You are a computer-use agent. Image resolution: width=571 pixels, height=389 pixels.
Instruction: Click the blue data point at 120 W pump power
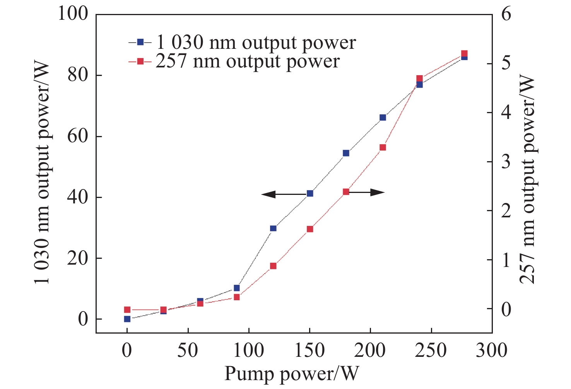[273, 228]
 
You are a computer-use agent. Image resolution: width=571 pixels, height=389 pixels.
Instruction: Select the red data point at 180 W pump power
[346, 192]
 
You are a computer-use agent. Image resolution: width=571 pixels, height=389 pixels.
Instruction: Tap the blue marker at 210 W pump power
[383, 117]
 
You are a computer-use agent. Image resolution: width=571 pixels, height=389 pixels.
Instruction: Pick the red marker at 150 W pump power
[309, 229]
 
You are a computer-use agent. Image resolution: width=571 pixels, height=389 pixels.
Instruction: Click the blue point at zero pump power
[127, 319]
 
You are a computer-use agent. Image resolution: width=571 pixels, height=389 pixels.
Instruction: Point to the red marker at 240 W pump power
[419, 79]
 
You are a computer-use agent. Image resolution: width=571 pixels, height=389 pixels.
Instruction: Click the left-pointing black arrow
[284, 194]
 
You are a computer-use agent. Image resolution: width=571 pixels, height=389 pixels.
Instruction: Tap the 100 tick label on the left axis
[72, 15]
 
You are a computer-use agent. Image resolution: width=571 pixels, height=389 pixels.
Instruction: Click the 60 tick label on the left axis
[77, 137]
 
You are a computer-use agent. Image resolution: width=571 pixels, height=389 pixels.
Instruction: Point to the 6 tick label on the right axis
[506, 15]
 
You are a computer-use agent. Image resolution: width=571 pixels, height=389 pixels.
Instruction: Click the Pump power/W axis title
[292, 374]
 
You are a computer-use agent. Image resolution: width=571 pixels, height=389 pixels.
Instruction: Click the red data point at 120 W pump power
[273, 266]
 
